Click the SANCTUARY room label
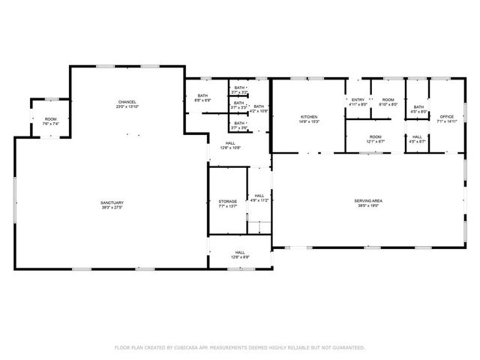click(112, 202)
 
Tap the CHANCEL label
click(127, 102)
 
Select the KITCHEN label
click(310, 117)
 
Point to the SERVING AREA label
click(369, 200)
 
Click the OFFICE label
click(447, 116)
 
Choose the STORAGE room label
click(228, 201)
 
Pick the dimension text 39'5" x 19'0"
click(369, 205)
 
